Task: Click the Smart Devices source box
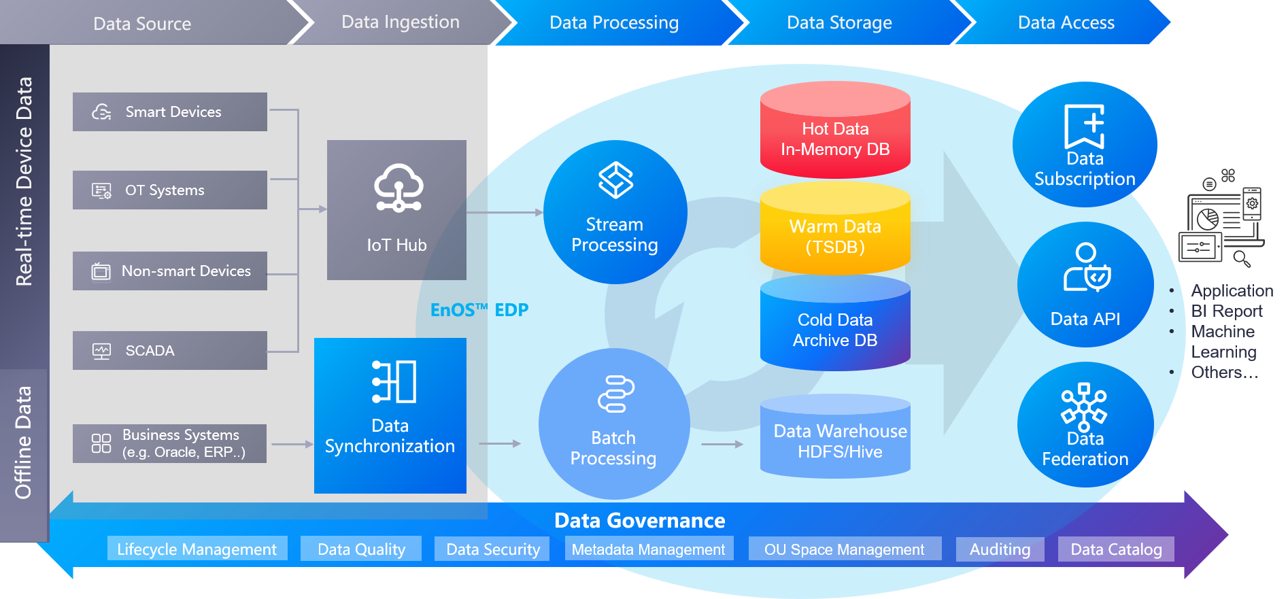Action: (169, 112)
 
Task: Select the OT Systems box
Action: (169, 190)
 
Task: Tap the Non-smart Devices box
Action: (169, 271)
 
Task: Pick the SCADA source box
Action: (169, 351)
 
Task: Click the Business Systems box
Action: (169, 443)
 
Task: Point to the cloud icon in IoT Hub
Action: (399, 188)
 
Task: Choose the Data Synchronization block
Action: (390, 415)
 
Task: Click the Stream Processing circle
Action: (615, 212)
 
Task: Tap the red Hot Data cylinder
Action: (835, 133)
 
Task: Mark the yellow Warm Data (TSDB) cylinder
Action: (835, 231)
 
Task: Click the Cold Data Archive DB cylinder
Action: (835, 326)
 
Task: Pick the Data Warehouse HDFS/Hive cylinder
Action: (835, 439)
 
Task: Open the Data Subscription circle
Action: (1085, 145)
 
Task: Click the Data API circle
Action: (1085, 285)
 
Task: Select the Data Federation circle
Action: (1085, 425)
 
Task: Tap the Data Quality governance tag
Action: (361, 549)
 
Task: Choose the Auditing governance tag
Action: (1000, 549)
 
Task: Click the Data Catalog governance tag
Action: (1116, 549)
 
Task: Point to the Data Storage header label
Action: (839, 22)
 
